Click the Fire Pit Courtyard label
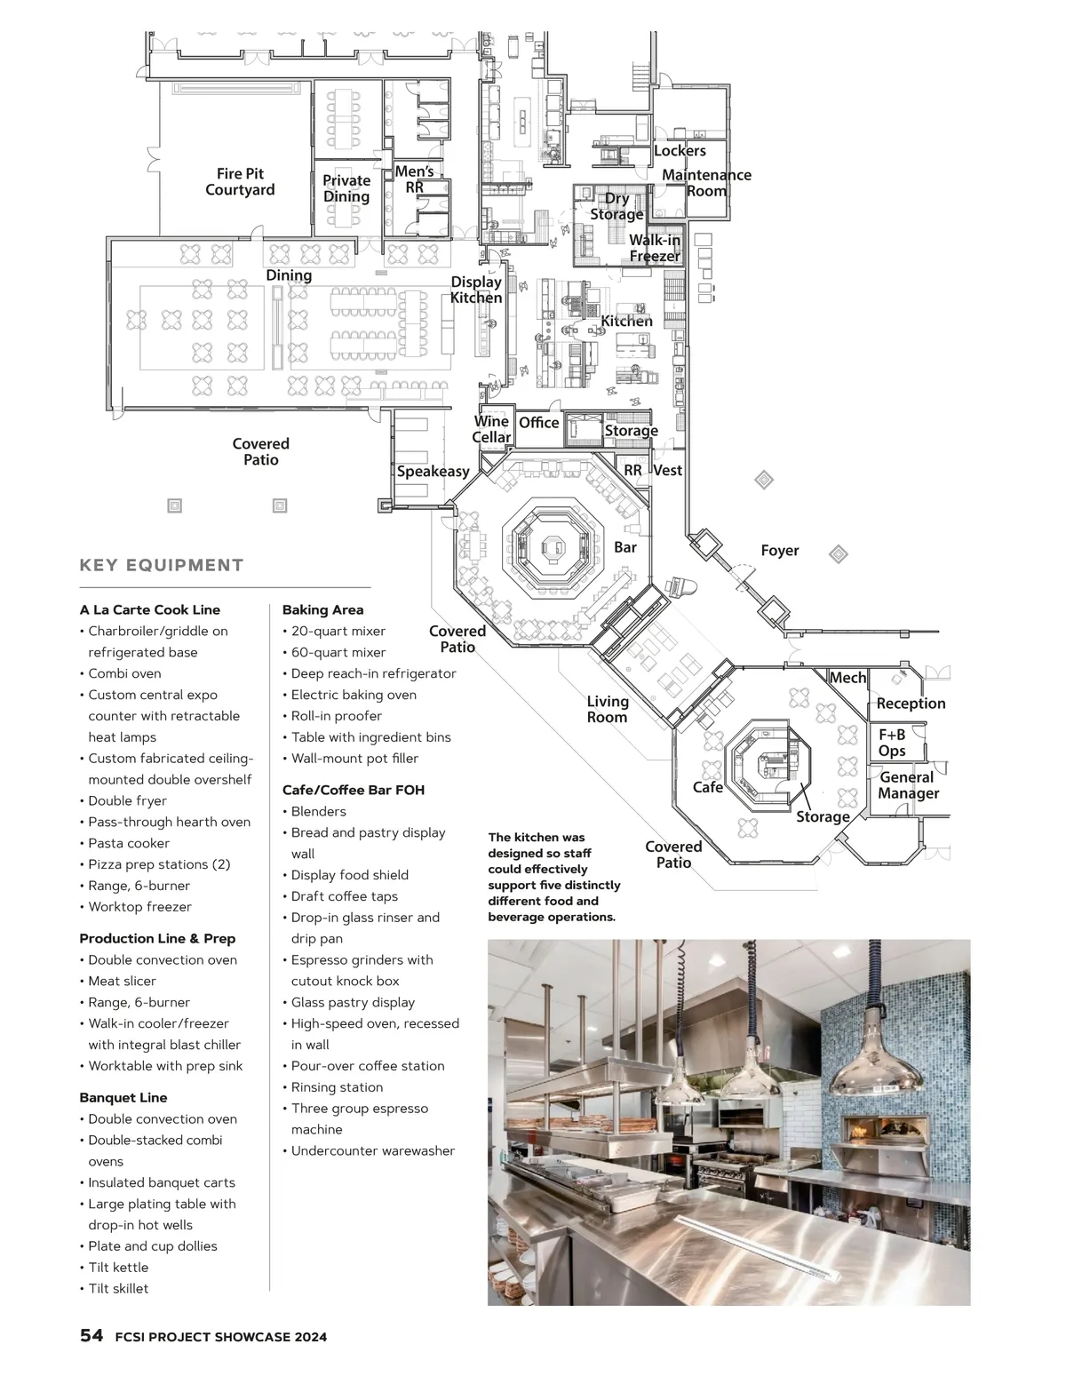[x=240, y=181]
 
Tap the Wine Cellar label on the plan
[x=491, y=429]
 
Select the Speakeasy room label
[x=433, y=472]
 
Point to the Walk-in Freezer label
[x=655, y=248]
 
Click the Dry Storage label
[x=617, y=206]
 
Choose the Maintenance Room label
[x=706, y=183]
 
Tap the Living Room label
[x=607, y=709]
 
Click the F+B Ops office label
[x=892, y=743]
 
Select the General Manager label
[x=908, y=785]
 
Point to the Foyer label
[x=779, y=550]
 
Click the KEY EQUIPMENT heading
[x=161, y=566]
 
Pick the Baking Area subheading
[x=322, y=609]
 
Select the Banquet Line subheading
[x=123, y=1097]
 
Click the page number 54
[x=91, y=1335]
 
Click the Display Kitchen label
[x=475, y=290]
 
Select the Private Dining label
[x=346, y=188]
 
